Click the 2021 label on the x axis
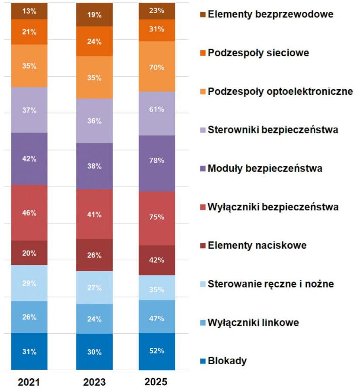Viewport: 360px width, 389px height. [29, 381]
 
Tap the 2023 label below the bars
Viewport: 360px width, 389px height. [94, 381]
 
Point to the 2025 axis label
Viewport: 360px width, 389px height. [156, 381]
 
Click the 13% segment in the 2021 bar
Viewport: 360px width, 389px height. [29, 11]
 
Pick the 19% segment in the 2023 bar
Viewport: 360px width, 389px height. [94, 15]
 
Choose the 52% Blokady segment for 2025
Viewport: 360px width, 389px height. [156, 351]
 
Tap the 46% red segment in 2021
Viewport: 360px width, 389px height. [29, 213]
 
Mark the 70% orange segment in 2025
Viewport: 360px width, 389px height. [156, 66]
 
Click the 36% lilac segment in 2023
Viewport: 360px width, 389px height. [94, 121]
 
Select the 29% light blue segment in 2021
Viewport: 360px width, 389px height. [29, 283]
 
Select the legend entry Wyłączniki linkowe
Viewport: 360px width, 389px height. [252, 323]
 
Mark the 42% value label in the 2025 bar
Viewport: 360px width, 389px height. [156, 260]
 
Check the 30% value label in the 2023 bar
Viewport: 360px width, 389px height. [94, 351]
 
